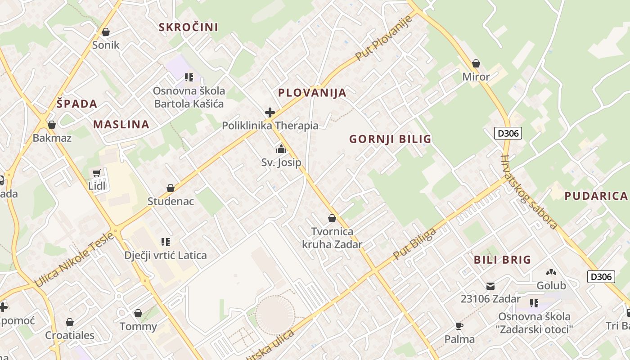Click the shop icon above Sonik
(106, 32)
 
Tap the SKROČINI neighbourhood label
(188, 27)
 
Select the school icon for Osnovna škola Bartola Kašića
(189, 77)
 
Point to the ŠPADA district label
(77, 104)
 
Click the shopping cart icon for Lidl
(97, 173)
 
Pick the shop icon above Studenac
(170, 188)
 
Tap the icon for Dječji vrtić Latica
(166, 242)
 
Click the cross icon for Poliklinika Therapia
(270, 112)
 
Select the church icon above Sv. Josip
(281, 149)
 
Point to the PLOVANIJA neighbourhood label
(312, 93)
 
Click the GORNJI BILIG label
(390, 139)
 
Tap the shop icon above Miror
(476, 64)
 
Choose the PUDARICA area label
(596, 196)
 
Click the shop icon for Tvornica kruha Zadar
(332, 218)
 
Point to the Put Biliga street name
(414, 244)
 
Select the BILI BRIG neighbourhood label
(502, 260)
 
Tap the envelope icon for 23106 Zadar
(490, 286)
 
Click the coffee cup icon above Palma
(459, 326)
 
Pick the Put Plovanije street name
(384, 38)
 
